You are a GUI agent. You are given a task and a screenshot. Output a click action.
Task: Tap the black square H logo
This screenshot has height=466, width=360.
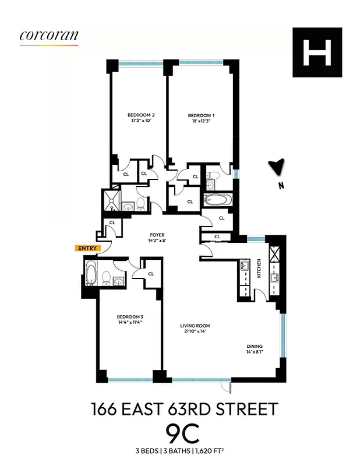pyautogui.click(x=317, y=52)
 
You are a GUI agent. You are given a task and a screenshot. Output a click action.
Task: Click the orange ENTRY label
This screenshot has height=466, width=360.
pyautogui.click(x=87, y=248)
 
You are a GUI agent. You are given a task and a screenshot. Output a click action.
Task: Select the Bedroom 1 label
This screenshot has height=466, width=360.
pyautogui.click(x=197, y=115)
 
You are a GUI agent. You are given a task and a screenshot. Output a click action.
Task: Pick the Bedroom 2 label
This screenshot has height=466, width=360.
pyautogui.click(x=140, y=115)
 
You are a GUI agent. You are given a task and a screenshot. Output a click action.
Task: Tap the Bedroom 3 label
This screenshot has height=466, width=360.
pyautogui.click(x=130, y=317)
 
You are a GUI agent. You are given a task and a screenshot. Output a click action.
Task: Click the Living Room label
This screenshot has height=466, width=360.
pyautogui.click(x=195, y=326)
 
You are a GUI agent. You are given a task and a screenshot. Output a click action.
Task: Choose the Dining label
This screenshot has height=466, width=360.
pyautogui.click(x=254, y=347)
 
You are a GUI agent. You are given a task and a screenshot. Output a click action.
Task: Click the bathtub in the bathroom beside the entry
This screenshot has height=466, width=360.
pyautogui.click(x=90, y=273)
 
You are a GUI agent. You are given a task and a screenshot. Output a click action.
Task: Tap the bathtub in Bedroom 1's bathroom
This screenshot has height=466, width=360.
pyautogui.click(x=218, y=201)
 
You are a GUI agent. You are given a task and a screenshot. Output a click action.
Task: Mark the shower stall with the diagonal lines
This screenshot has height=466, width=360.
pyautogui.click(x=110, y=199)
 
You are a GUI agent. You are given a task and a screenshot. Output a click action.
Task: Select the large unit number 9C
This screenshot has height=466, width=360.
pyautogui.click(x=183, y=435)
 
